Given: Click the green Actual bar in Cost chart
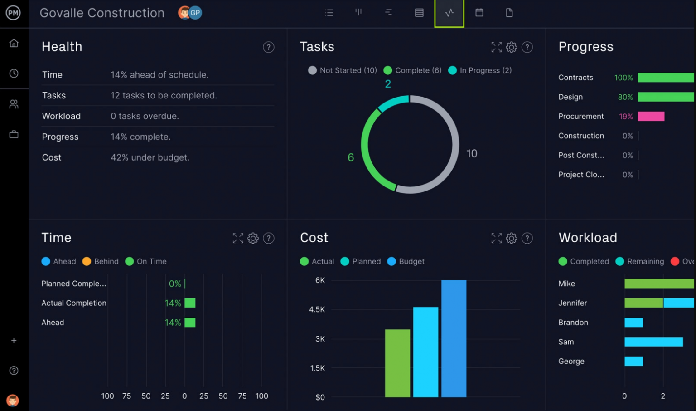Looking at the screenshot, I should click(397, 363).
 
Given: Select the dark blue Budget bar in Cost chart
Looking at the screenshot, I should click(454, 338).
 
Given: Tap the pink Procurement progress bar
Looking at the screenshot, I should click(651, 117).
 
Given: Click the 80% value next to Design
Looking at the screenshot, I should click(625, 97).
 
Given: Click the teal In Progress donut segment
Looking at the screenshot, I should click(392, 103).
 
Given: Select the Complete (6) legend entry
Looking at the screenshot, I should click(413, 70).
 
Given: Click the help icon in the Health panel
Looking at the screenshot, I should click(269, 47).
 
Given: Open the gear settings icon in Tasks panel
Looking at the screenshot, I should click(512, 47).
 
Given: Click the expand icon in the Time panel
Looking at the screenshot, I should click(238, 238).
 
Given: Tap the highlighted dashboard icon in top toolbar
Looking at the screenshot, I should click(449, 13).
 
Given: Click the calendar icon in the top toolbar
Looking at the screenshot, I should click(479, 13).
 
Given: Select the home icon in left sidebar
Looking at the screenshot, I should click(14, 43).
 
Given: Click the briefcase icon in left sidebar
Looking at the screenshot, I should click(14, 134).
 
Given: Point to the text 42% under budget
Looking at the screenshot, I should click(150, 157).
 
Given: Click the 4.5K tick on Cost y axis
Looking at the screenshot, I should click(317, 309).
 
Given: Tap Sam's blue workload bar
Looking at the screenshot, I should click(653, 342).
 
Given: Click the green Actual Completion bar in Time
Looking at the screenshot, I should click(190, 303).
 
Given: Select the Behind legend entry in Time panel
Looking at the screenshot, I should click(101, 261).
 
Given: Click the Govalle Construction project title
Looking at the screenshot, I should click(102, 13).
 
